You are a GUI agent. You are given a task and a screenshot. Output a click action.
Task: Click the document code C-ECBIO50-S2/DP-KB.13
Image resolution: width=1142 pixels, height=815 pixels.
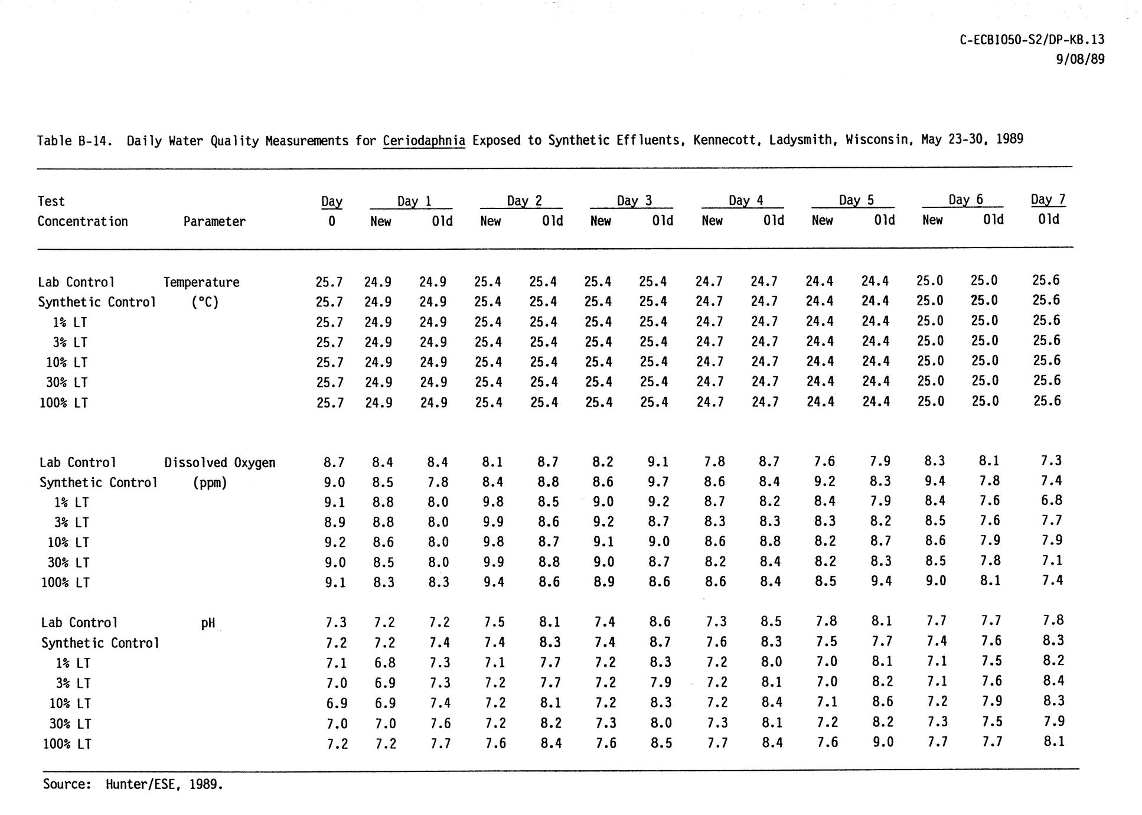pyautogui.click(x=1032, y=40)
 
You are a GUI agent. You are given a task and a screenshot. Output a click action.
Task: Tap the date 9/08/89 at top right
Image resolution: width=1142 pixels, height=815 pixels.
pyautogui.click(x=1080, y=59)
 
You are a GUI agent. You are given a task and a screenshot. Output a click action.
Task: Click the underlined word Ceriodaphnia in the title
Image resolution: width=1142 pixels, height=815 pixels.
pyautogui.click(x=424, y=141)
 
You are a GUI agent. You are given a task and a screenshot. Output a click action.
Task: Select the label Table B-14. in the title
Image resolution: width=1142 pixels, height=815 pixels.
pyautogui.click(x=74, y=141)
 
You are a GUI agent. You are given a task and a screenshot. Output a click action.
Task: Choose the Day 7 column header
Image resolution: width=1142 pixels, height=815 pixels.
pyautogui.click(x=1048, y=200)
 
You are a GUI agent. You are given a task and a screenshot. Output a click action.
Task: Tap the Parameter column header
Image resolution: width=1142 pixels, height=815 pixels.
pyautogui.click(x=214, y=221)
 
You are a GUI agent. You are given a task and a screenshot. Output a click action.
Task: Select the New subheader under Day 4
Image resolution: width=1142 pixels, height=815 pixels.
pyautogui.click(x=712, y=221)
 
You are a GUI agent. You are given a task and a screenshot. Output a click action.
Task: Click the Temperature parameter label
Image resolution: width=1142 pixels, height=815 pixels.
pyautogui.click(x=201, y=282)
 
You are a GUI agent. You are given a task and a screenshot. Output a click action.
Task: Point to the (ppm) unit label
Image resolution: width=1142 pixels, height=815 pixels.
pyautogui.click(x=210, y=483)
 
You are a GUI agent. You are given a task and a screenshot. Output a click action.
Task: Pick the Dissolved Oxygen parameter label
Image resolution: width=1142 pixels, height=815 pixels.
pyautogui.click(x=220, y=463)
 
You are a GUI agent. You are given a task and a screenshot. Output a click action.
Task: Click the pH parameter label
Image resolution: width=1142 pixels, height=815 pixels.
pyautogui.click(x=208, y=622)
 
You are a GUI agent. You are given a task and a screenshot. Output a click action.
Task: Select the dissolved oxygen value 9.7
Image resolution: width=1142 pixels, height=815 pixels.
pyautogui.click(x=658, y=482)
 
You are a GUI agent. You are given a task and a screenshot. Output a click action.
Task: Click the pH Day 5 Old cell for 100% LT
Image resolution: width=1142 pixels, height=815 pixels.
pyautogui.click(x=882, y=742)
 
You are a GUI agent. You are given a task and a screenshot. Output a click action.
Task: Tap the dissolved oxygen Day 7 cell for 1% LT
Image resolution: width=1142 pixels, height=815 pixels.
pyautogui.click(x=1052, y=501)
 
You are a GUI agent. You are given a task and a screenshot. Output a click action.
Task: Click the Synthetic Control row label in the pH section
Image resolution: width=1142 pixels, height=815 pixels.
pyautogui.click(x=100, y=643)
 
